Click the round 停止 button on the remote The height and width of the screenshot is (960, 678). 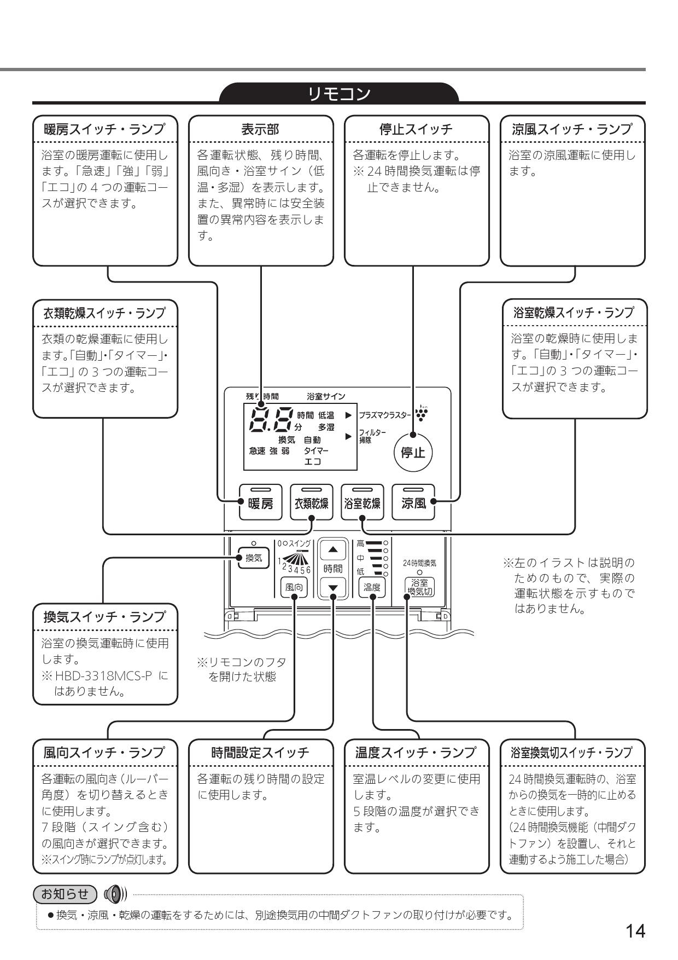coord(413,453)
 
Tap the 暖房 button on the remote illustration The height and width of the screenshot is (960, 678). coord(260,502)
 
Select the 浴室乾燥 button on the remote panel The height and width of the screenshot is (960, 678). coord(362,502)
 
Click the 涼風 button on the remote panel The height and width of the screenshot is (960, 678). coord(413,502)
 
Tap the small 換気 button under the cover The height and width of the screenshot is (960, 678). coord(253,558)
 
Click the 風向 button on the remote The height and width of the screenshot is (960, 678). coord(294,587)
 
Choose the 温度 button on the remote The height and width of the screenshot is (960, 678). coord(372,587)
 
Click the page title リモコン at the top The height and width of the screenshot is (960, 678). coord(339,94)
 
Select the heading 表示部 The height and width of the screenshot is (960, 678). coord(260,129)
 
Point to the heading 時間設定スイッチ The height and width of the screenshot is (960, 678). coord(260,753)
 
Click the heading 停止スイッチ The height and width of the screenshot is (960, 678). coord(416,129)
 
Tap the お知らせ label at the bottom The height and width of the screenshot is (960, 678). coord(65,894)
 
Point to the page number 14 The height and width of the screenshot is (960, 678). coord(635,930)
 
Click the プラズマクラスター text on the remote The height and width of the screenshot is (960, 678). coord(384,415)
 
